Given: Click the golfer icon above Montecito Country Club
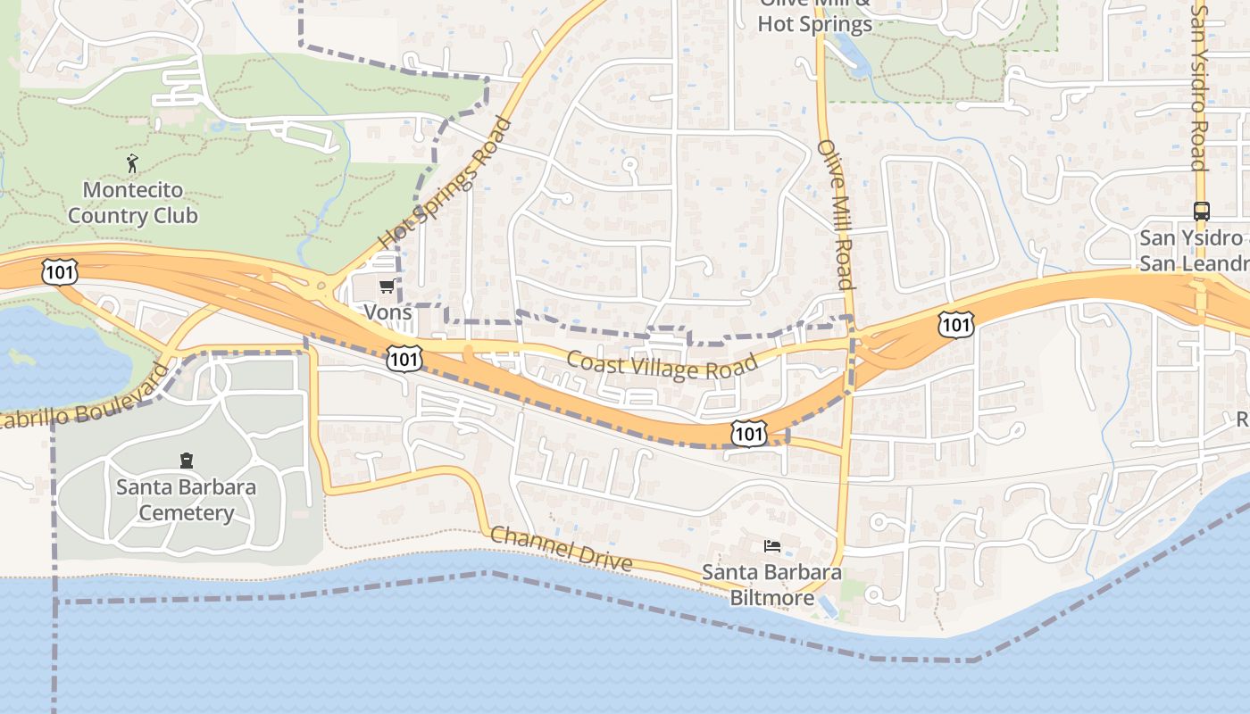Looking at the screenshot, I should click(133, 163).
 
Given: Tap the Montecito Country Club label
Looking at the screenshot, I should click(133, 203).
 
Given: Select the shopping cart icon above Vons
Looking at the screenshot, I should click(387, 286).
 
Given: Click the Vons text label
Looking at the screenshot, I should click(387, 312).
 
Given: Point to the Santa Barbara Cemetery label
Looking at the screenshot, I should click(186, 500).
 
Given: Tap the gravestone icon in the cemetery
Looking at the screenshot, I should click(187, 461).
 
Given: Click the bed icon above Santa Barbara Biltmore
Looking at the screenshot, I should click(772, 545).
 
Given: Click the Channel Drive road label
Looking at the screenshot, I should click(562, 548).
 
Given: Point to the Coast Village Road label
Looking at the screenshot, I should click(662, 364).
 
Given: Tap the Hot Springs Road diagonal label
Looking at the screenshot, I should click(445, 183).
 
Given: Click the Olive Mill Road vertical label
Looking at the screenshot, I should click(837, 214).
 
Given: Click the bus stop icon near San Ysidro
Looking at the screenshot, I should click(1202, 212).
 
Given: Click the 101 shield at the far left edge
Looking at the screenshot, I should click(59, 271).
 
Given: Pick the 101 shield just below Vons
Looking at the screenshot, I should click(404, 359).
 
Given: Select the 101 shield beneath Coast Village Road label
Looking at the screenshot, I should click(747, 434).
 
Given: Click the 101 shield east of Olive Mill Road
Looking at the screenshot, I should click(955, 324).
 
